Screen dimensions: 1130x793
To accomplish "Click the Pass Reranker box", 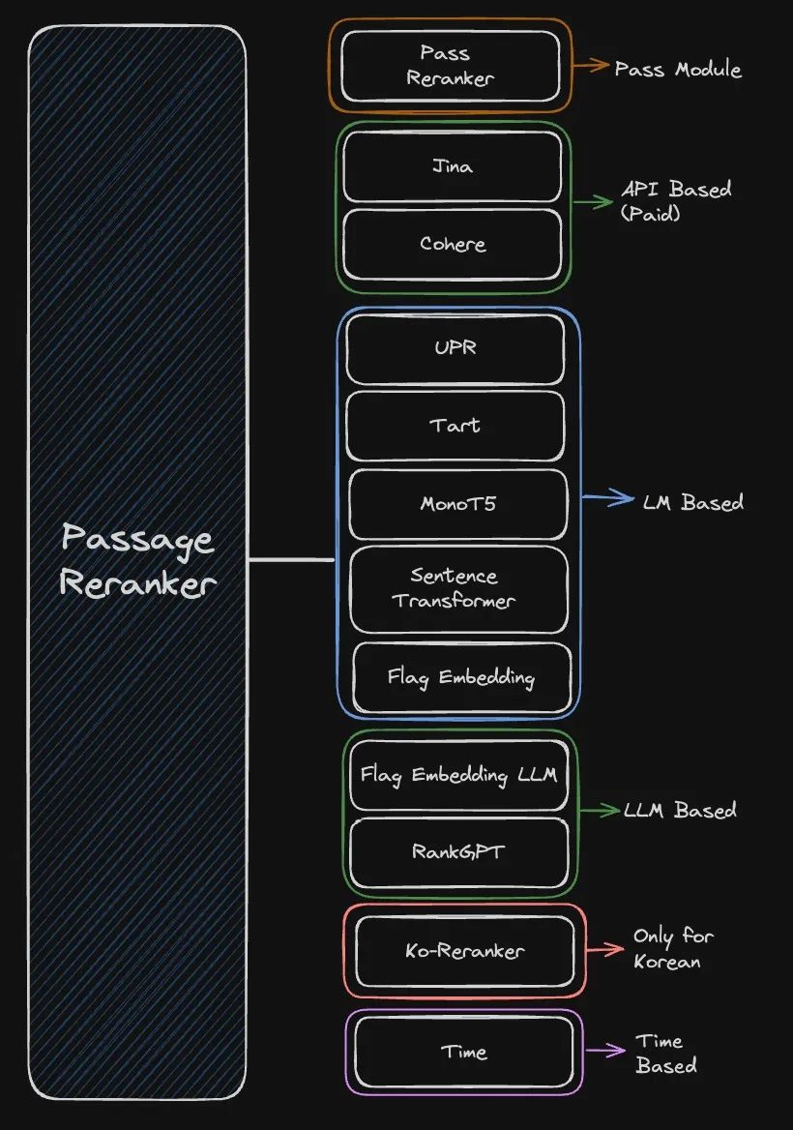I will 451,66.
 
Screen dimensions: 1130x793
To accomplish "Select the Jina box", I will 453,166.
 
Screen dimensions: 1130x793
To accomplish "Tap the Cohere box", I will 453,244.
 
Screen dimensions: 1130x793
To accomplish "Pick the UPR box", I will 455,348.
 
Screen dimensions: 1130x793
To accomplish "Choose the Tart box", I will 455,426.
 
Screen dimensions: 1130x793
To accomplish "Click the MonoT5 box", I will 456,504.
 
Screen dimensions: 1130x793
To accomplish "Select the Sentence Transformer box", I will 457,587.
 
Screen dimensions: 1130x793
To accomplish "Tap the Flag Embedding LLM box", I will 458,775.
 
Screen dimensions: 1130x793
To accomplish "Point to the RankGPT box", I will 458,852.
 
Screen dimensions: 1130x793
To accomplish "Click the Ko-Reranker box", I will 464,951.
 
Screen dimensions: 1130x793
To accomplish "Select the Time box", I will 464,1052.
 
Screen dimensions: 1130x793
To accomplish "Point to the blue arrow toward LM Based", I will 607,500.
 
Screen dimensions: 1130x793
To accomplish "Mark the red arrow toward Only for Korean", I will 604,950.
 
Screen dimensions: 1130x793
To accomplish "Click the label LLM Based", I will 680,810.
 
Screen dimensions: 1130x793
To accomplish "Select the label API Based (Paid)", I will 675,200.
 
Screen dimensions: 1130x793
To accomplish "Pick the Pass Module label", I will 678,69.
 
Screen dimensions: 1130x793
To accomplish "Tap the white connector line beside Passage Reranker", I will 291,559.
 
